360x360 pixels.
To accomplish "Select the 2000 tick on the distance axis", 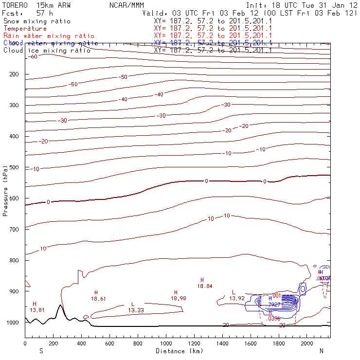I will coord(307,343).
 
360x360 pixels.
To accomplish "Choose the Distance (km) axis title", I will coord(177,351).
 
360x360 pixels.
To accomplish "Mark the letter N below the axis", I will coord(321,351).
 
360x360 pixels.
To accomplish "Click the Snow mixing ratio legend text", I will coord(36,21).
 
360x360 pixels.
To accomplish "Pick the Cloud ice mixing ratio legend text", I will coord(47,50).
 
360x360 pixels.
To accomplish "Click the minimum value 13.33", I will coord(136,310).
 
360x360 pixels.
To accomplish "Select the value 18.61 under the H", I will coord(98,299).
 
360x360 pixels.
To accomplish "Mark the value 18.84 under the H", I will coord(204,287).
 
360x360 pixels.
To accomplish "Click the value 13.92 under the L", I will coord(236,298).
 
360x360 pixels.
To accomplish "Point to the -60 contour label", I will coord(33,57).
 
